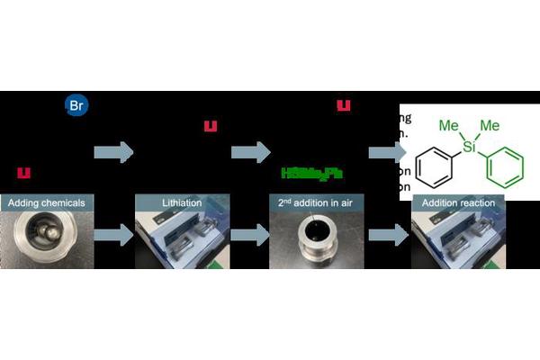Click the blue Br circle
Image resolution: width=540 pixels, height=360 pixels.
tap(76, 104)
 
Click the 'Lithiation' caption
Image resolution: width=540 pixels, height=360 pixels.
tap(176, 203)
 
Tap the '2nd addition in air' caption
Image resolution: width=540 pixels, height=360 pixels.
tap(311, 203)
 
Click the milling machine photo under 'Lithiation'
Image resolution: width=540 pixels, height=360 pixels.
tap(176, 238)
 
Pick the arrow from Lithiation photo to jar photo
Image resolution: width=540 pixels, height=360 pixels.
tap(247, 237)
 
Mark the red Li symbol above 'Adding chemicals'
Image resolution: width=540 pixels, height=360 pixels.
tap(24, 171)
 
